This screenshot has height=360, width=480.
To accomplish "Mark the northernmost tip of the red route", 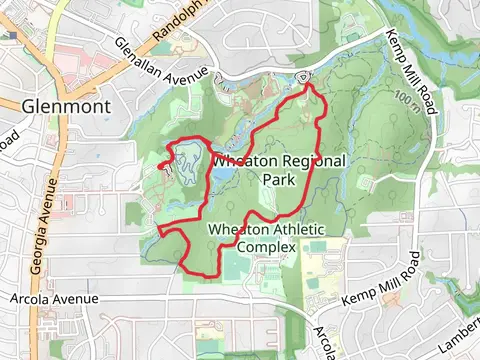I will [x=305, y=85].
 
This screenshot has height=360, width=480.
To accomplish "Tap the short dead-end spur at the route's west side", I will [x=161, y=164].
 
